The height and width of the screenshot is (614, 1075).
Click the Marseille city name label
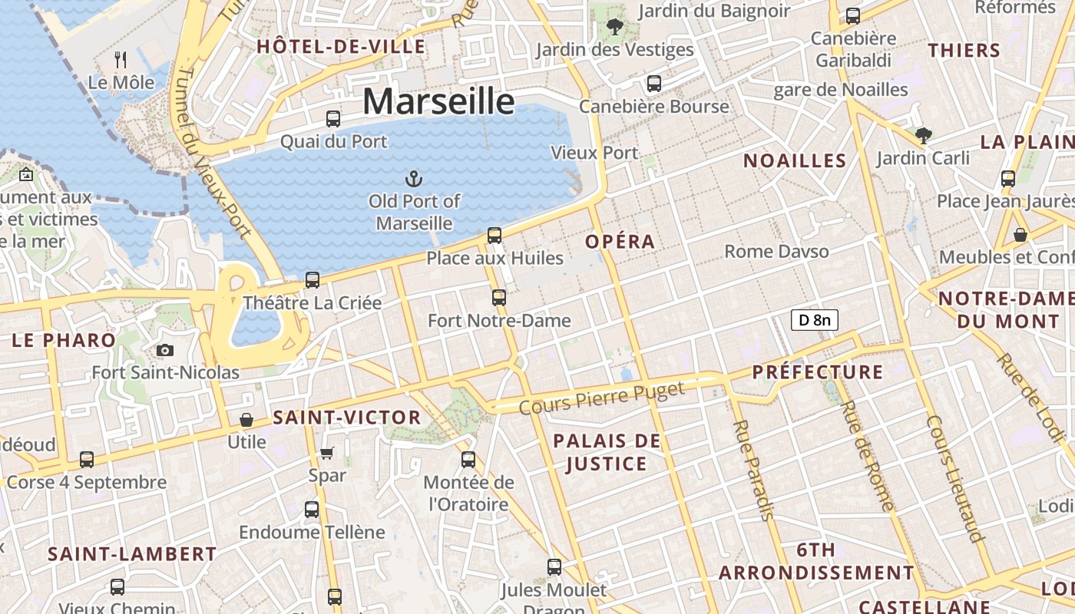[438, 101]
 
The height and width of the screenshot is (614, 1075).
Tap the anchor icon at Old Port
[414, 180]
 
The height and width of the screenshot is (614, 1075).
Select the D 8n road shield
[814, 320]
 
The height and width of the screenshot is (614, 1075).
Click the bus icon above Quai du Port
[333, 119]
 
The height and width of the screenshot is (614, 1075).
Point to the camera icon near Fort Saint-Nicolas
[164, 351]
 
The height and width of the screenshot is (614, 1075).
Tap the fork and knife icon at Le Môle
[121, 59]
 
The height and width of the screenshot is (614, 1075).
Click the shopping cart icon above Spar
[327, 453]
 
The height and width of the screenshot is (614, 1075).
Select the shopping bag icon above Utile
[246, 420]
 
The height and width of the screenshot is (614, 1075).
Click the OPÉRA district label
[620, 242]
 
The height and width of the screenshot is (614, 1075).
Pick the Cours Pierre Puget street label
[601, 398]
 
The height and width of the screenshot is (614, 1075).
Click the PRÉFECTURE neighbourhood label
[817, 372]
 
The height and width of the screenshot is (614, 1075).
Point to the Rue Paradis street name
[753, 470]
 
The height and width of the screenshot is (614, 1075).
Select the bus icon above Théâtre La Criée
[313, 280]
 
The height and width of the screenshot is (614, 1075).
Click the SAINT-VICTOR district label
[347, 418]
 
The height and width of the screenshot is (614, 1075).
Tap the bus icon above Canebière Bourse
[654, 84]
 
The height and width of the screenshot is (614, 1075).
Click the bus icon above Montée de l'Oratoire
[468, 460]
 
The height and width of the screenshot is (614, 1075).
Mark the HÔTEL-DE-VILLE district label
[341, 46]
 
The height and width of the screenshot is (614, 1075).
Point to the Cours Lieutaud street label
[955, 479]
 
